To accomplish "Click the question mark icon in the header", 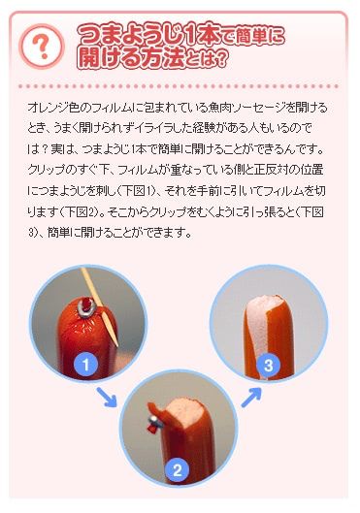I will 41,45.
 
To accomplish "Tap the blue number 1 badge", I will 86,365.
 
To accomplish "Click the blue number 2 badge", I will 176,470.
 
